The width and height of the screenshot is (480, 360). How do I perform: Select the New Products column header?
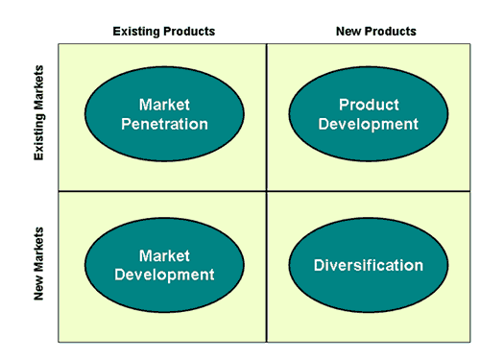pos(375,31)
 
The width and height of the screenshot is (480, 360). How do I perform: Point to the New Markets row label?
pos(39,263)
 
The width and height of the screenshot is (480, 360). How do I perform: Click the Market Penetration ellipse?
pos(162,114)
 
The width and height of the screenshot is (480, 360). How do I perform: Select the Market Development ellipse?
pos(162,265)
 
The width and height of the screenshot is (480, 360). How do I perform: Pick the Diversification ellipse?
pos(368,265)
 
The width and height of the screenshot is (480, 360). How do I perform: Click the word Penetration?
pos(162,124)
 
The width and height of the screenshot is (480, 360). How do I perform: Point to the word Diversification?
pos(368,265)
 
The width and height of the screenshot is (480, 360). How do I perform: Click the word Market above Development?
pos(162,255)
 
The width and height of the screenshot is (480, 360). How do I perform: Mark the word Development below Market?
pos(162,275)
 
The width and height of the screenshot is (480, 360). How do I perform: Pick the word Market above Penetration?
pos(162,105)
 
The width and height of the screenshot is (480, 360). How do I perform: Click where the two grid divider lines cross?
pos(266,190)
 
